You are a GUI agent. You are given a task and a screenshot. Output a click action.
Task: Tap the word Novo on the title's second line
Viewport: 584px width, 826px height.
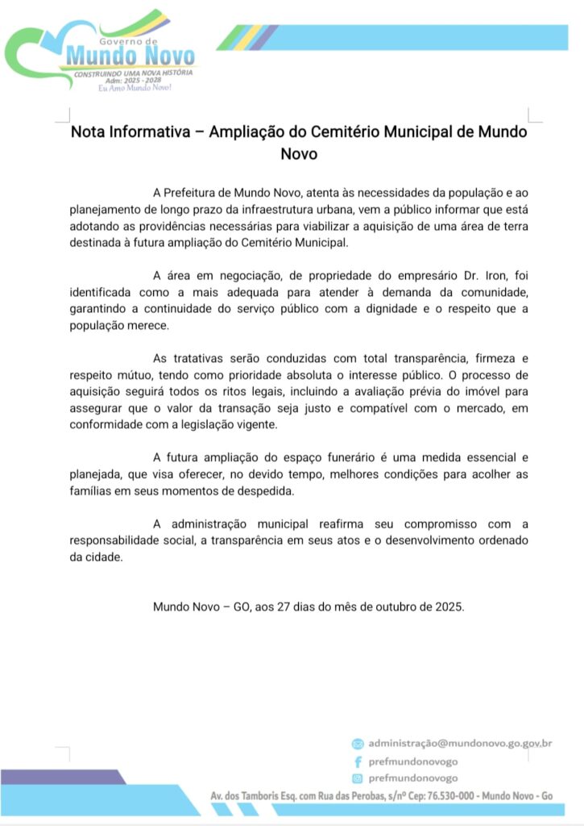[x=298, y=153]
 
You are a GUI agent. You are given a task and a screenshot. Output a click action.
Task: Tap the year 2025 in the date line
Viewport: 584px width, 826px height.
[x=449, y=606]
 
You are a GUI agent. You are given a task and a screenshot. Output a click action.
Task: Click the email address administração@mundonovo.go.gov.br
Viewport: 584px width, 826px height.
[x=460, y=743]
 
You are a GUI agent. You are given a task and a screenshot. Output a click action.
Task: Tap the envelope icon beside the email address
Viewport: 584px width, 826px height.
[x=358, y=743]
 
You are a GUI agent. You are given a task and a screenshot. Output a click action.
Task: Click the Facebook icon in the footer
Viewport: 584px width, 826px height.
[x=358, y=761]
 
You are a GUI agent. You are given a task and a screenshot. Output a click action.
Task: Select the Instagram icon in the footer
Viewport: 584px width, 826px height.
[x=358, y=778]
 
